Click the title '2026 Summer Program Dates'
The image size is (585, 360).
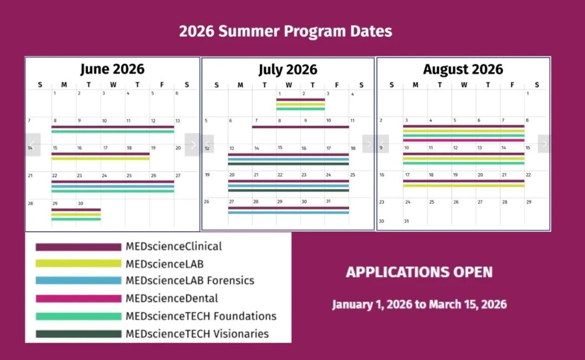285,31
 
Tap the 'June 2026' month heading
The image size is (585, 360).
112,69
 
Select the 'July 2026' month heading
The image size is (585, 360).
288,69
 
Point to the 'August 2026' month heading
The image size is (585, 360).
463,69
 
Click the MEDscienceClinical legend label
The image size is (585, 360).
173,247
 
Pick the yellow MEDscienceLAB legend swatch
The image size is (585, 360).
79,264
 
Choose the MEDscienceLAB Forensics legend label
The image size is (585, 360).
190,280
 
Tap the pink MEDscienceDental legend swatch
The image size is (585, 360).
79,298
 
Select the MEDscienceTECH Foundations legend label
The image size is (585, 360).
201,316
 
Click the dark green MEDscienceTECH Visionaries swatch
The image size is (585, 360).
79,334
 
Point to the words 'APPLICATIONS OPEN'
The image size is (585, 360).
419,272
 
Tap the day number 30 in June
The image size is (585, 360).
81,204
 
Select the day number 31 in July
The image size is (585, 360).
328,201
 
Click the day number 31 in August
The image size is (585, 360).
406,221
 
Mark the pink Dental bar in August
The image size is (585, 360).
464,140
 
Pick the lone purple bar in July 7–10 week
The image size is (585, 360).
300,127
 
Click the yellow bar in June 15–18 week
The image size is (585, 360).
100,159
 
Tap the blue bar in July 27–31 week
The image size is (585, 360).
288,213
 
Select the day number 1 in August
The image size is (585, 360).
528,93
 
